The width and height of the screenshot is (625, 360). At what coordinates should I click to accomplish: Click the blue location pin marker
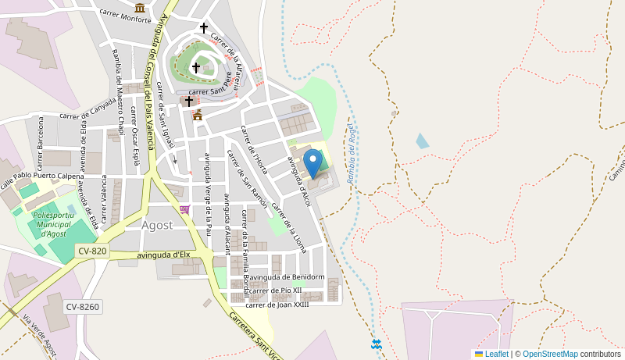coord(312,163)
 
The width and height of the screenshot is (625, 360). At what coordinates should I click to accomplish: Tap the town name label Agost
coord(157,225)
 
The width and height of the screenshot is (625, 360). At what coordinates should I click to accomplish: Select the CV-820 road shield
coord(92,251)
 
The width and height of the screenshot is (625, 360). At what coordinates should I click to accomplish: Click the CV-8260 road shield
coord(82,307)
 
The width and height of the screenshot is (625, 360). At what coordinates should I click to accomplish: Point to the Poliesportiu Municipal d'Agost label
coord(54,224)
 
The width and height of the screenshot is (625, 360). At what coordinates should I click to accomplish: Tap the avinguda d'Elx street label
coord(163,255)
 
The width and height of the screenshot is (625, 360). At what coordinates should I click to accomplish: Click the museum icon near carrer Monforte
coord(140,7)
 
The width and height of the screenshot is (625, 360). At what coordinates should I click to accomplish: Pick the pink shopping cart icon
coord(184,209)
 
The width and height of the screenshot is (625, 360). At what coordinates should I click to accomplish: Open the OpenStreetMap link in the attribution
coord(550,354)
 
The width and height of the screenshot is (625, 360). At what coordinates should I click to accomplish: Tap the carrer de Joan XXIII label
coord(277,305)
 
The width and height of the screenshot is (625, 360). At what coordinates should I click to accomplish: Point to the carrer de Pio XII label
coord(275,290)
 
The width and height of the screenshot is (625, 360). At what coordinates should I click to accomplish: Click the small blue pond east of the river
coord(422,141)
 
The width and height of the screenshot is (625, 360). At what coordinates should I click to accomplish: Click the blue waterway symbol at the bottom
coord(376,344)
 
